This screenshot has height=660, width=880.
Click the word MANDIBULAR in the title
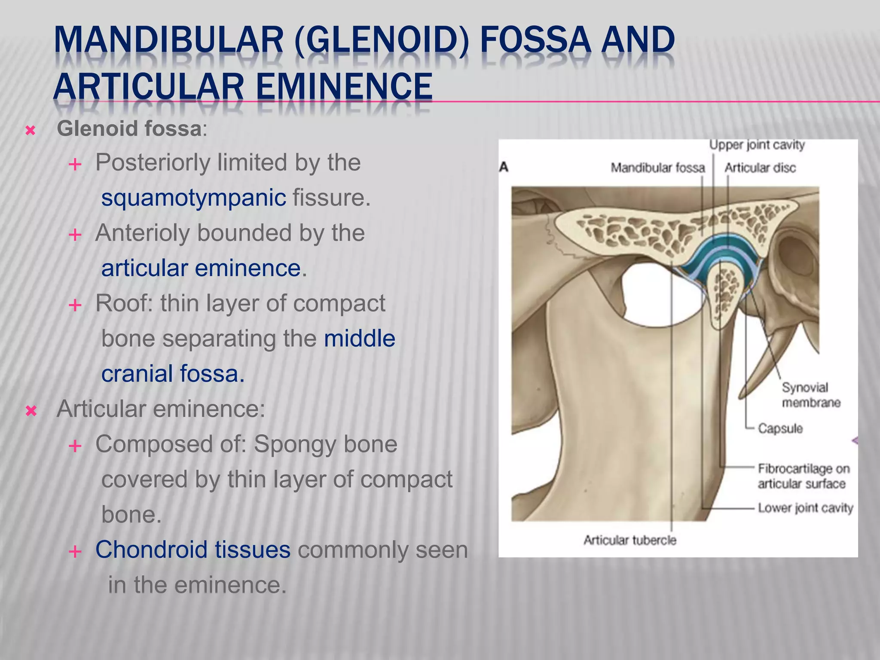pos(168,40)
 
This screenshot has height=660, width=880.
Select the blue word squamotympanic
pos(193,198)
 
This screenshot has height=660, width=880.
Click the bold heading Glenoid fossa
pos(129,128)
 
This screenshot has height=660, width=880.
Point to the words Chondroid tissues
pos(193,550)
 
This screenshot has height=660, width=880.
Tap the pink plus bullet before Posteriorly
pos(75,164)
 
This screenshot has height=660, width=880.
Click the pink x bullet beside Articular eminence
pos(31,411)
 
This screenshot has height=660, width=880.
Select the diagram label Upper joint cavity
pos(757,145)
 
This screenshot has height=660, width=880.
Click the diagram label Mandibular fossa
pos(657,168)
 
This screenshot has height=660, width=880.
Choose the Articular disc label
pos(760,168)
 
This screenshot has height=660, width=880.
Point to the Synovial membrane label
pos(810,395)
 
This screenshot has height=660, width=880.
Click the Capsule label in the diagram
pos(780,428)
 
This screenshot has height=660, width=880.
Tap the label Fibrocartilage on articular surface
pos(803,476)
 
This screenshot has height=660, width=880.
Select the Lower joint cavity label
pos(805,508)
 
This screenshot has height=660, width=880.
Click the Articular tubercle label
pos(629,540)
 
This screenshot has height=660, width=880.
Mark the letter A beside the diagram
pos(504,167)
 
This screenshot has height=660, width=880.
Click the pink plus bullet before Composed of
pos(75,446)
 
